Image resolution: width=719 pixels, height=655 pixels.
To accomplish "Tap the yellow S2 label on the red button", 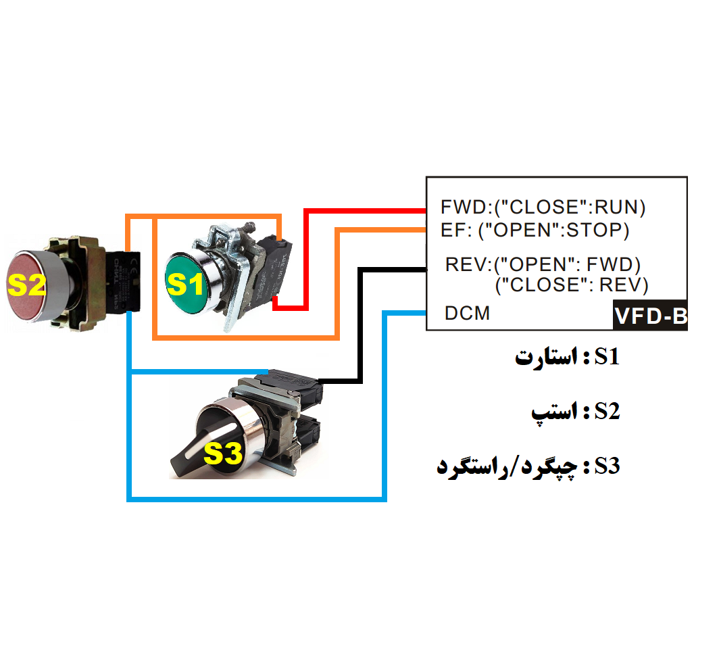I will click(x=26, y=287).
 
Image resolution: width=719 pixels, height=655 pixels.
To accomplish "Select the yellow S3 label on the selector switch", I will click(x=223, y=454).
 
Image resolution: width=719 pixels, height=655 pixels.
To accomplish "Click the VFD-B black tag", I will click(x=650, y=316).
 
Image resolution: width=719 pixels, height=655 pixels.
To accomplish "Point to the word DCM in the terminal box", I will click(x=467, y=314).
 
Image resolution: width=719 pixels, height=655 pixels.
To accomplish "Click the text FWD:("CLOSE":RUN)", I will click(x=543, y=206).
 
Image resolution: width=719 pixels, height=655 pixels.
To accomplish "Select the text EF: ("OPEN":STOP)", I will click(x=535, y=231).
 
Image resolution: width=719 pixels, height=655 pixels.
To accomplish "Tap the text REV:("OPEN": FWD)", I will click(x=543, y=264).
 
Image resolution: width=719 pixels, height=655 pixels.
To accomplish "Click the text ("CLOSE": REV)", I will click(x=571, y=285).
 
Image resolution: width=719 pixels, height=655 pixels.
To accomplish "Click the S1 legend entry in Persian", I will click(x=567, y=357).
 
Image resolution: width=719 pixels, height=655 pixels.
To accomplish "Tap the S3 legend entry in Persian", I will click(x=528, y=466).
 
